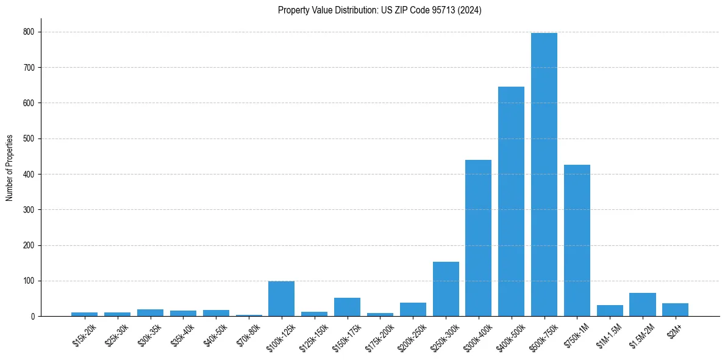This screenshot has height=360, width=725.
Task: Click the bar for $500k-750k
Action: pyautogui.click(x=544, y=175)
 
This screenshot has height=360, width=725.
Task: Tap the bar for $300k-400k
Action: pyautogui.click(x=478, y=238)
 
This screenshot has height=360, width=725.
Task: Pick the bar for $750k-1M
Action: pyautogui.click(x=577, y=240)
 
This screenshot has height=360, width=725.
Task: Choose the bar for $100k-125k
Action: pyautogui.click(x=281, y=299)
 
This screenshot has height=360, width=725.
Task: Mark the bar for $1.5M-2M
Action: pyautogui.click(x=643, y=304)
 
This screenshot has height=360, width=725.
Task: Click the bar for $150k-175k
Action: pyautogui.click(x=347, y=307)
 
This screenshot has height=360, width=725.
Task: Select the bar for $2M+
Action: pyautogui.click(x=675, y=310)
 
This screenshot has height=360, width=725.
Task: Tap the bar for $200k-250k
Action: pyautogui.click(x=413, y=309)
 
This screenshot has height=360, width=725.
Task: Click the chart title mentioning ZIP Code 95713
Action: pyautogui.click(x=379, y=10)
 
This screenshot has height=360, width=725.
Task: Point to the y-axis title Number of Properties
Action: pyautogui.click(x=10, y=168)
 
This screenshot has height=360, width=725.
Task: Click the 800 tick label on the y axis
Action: pyautogui.click(x=29, y=32)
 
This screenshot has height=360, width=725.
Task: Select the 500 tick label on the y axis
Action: pyautogui.click(x=29, y=139)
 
